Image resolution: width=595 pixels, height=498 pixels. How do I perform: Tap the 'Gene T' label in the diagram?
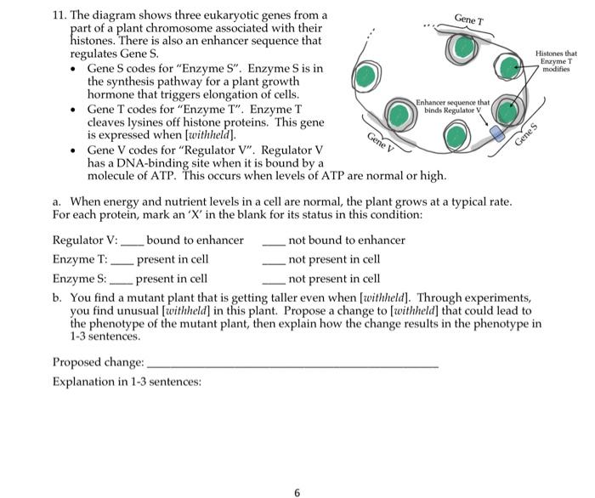click(470, 18)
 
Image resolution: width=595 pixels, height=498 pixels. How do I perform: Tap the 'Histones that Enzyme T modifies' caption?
click(558, 61)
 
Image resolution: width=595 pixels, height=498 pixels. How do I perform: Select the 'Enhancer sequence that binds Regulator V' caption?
click(452, 106)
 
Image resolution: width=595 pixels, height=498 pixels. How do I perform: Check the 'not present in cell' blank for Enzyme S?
click(274, 280)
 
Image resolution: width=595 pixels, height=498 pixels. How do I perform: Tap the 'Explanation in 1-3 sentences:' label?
click(127, 382)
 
